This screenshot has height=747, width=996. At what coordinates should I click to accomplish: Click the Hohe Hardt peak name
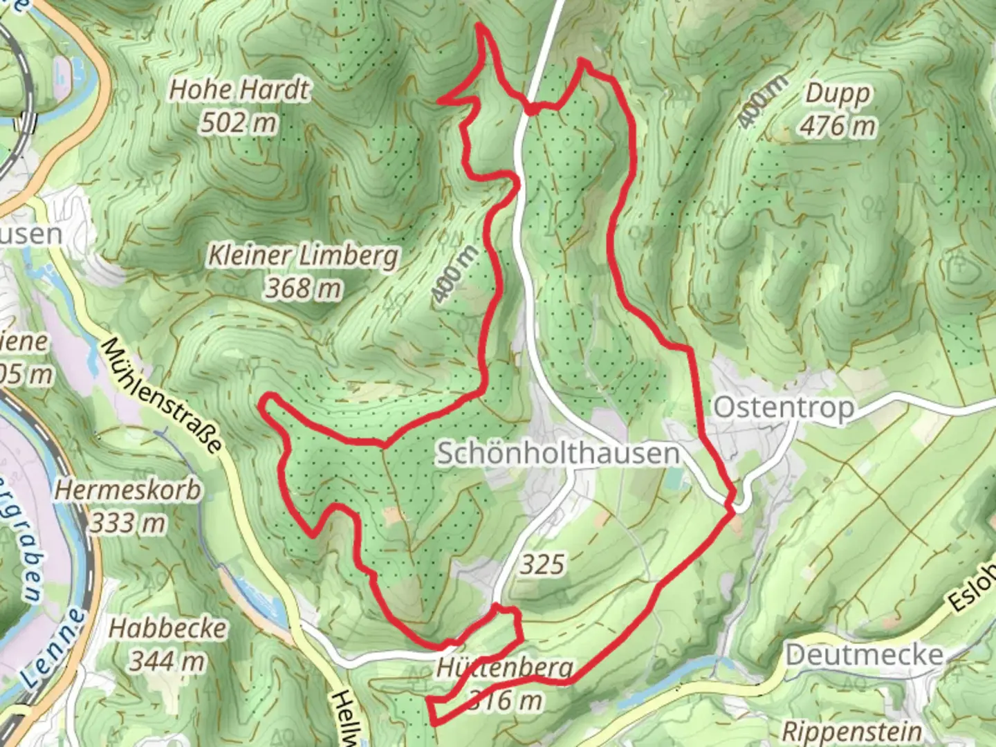(240, 90)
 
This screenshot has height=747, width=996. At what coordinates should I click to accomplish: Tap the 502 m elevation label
(239, 123)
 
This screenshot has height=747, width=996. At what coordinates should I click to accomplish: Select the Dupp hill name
(838, 93)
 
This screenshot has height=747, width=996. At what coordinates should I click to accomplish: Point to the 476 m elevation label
(838, 126)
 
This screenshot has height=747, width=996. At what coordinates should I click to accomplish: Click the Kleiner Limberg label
(304, 256)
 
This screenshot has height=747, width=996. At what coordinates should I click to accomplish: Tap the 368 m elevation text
(303, 288)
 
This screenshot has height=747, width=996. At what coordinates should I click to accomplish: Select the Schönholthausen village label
(557, 454)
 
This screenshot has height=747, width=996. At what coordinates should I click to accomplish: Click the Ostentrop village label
(784, 407)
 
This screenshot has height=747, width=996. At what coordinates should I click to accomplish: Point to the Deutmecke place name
(864, 654)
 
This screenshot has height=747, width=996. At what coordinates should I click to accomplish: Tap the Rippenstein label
(851, 731)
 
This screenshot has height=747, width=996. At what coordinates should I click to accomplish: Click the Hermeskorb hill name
(128, 490)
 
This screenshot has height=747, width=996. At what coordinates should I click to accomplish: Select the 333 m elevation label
(127, 523)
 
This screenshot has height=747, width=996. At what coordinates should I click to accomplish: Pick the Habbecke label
(167, 629)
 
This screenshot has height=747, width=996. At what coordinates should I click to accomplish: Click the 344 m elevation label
(167, 661)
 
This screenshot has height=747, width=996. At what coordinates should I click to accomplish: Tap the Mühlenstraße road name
(163, 396)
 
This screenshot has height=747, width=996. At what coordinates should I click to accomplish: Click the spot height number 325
(542, 564)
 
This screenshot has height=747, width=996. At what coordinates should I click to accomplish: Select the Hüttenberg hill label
(504, 668)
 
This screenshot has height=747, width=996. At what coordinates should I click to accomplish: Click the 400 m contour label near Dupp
(762, 101)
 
